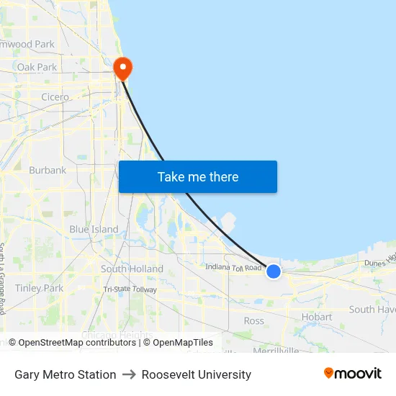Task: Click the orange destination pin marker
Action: [123, 68]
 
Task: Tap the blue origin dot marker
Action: [274, 271]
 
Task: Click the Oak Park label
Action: [37, 67]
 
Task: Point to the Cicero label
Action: [55, 97]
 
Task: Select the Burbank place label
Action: [48, 171]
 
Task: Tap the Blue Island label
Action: [94, 229]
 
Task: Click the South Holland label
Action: [132, 269]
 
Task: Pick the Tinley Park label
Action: [39, 288]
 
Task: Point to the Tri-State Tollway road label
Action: [130, 289]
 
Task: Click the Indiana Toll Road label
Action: [233, 268]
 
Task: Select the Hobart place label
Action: [317, 317]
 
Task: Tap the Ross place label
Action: [253, 320]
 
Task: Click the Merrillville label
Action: [276, 351]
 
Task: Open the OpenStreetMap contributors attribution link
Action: [77, 343]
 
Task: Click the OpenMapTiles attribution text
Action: [183, 343]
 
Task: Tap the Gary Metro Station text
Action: [65, 374]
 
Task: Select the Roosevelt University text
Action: [197, 374]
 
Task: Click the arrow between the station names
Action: [129, 374]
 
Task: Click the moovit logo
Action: [353, 373]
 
